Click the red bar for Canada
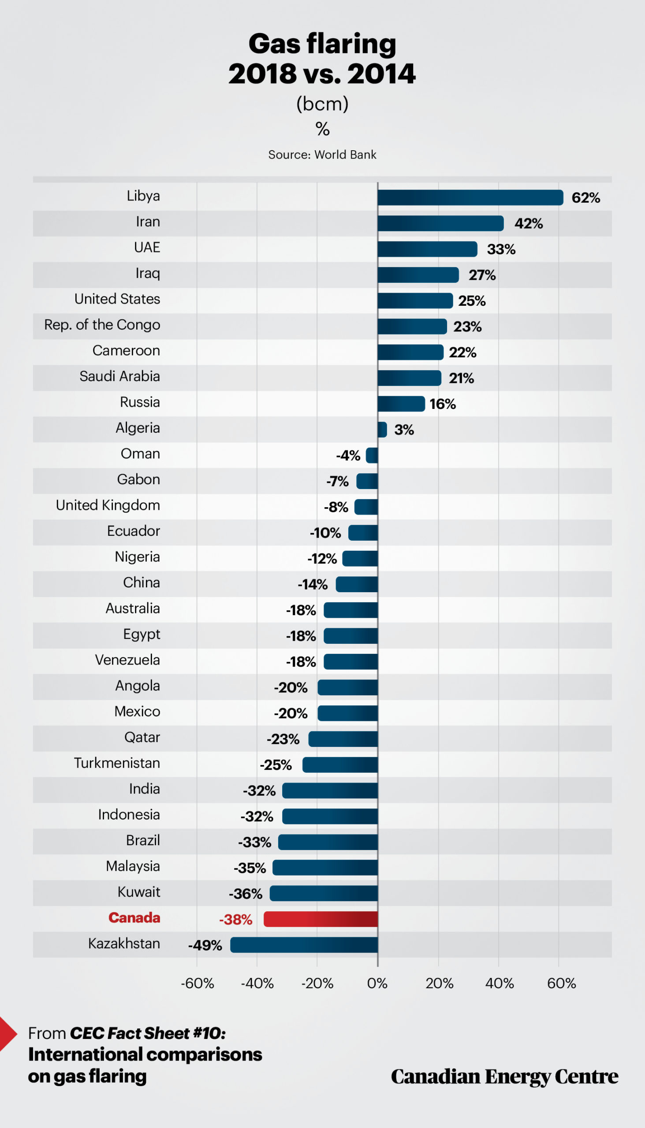pos(321,919)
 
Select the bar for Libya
pos(470,197)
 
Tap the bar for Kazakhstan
pos(304,945)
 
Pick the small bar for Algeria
pos(382,430)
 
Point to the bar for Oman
pos(372,455)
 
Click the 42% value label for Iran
pos(529,223)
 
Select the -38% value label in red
pos(236,920)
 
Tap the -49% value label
pos(205,945)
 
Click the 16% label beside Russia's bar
pos(443,404)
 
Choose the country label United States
pos(117,299)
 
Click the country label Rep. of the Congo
pos(102,324)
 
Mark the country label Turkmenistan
pos(117,763)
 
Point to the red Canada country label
pos(134,917)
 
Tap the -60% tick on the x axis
pos(197,983)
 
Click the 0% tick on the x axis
pos(377,983)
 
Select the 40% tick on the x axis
pos(499,983)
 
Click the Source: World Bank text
pos(322,155)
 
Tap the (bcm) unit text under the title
pos(322,104)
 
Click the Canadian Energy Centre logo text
pos(504,1076)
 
